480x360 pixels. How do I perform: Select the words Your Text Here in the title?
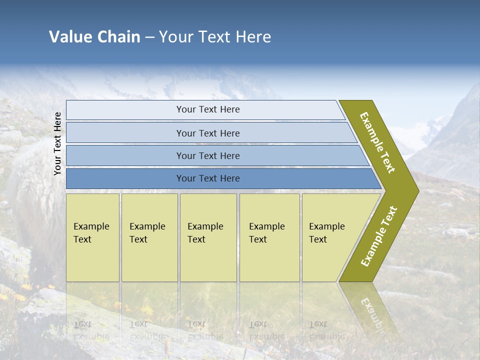click(x=215, y=37)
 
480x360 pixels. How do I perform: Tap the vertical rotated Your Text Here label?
click(x=57, y=143)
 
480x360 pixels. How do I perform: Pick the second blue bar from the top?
click(x=207, y=133)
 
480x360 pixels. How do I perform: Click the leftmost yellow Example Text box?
click(x=92, y=237)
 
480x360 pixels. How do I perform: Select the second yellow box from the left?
click(x=149, y=237)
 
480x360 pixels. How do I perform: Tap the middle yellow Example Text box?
click(x=208, y=237)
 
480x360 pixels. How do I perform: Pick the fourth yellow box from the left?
click(x=269, y=237)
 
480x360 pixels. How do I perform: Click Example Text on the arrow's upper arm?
click(x=377, y=142)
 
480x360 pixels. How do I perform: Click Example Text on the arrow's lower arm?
click(x=379, y=236)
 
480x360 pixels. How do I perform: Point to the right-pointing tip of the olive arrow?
click(x=418, y=190)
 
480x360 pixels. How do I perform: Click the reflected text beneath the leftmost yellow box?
click(x=90, y=330)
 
